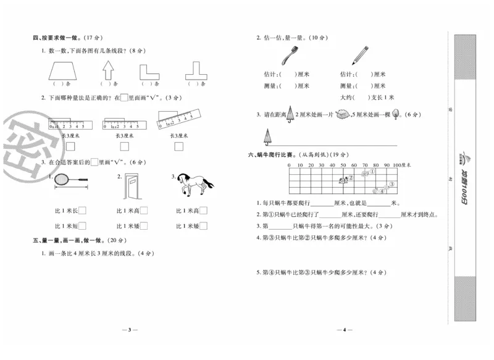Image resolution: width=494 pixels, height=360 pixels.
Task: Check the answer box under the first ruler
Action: coord(69,146)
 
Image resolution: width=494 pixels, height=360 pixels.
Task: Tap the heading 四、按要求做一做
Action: coord(62,38)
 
